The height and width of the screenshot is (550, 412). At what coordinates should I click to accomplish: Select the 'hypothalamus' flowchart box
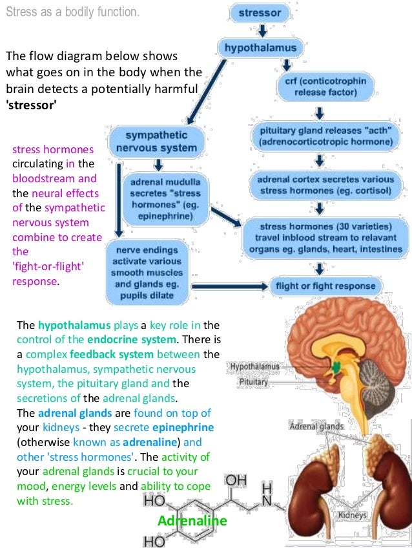click(x=261, y=48)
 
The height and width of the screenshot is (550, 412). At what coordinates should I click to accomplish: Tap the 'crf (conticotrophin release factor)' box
click(x=325, y=88)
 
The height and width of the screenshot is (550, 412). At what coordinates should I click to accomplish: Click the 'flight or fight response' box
click(x=325, y=285)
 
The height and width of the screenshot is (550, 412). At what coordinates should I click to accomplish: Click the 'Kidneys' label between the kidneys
click(x=353, y=515)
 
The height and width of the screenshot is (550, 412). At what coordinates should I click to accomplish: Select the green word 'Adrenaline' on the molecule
click(x=192, y=521)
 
